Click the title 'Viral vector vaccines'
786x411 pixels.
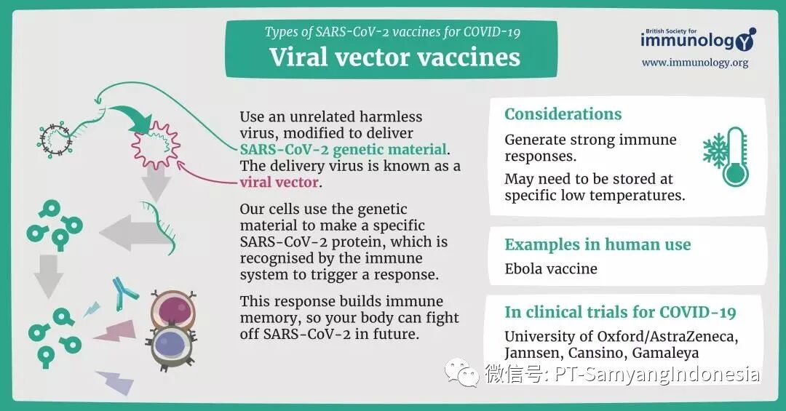click(394, 57)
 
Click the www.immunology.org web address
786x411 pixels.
click(694, 63)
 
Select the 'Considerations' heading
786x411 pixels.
click(563, 114)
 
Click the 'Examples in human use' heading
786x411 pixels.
click(598, 244)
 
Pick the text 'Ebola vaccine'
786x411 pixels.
click(551, 268)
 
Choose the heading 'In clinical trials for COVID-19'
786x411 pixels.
click(620, 313)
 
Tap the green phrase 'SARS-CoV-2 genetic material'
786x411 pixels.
click(343, 150)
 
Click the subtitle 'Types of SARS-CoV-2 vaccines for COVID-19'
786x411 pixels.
click(392, 32)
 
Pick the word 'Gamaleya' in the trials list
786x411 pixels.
click(665, 353)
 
